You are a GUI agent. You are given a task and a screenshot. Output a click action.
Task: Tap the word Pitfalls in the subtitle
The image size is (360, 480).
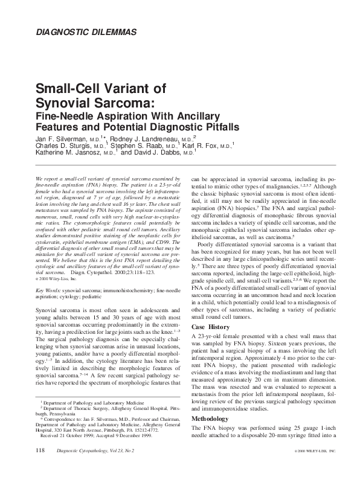218,127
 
